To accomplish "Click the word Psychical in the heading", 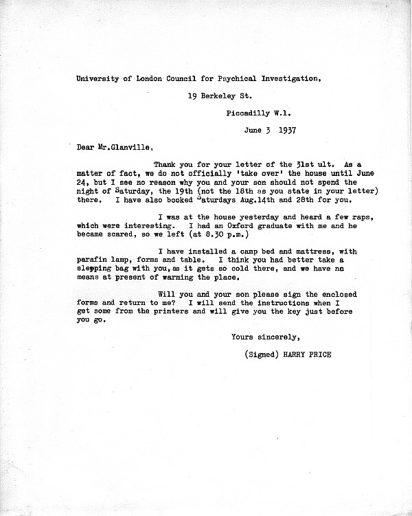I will point(231,78).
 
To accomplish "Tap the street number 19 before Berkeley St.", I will point(192,96).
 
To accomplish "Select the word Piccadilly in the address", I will point(249,112).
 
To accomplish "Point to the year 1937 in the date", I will point(282,128).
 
